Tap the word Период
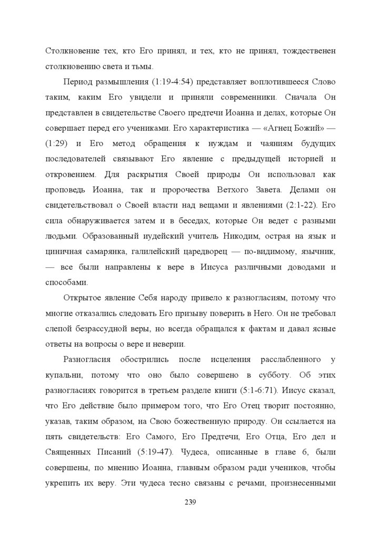(x=79, y=83)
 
